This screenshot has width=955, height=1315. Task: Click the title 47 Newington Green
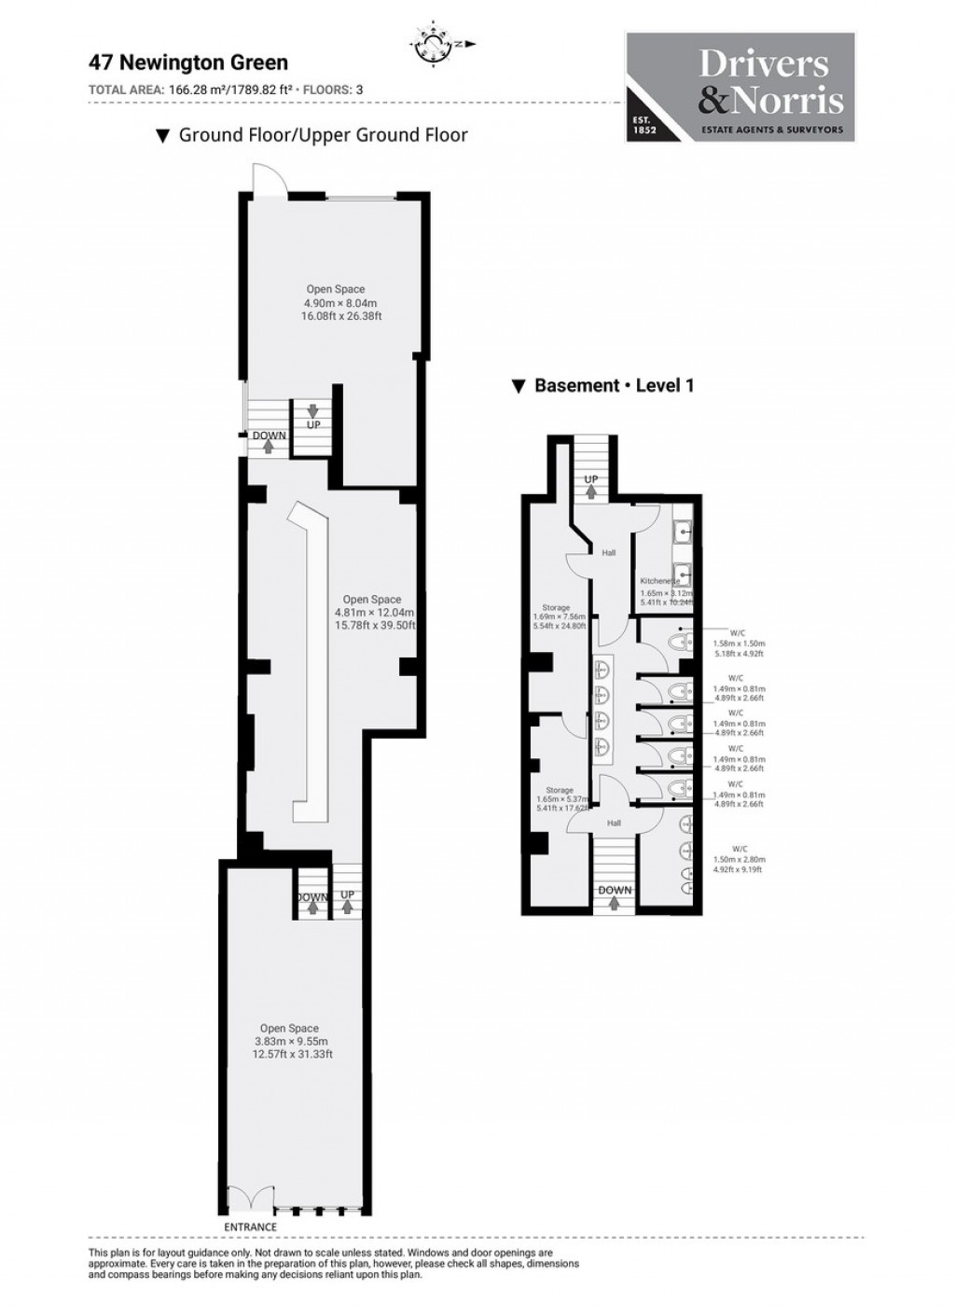[x=187, y=62]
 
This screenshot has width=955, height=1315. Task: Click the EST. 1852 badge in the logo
[x=644, y=124]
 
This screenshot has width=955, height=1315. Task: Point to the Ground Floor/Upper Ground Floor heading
[x=311, y=135]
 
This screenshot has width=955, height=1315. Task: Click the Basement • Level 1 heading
[x=602, y=385]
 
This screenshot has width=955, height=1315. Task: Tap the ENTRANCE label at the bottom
[x=250, y=1227]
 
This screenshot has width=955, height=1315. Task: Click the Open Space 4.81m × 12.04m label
[x=372, y=613]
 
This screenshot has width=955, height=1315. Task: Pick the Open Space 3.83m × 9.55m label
[x=293, y=1042]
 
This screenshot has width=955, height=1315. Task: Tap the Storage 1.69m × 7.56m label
[x=557, y=617]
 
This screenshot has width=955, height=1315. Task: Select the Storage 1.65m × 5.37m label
[x=560, y=799]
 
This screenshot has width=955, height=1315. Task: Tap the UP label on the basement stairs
[x=590, y=479]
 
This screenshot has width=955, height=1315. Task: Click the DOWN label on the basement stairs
[x=615, y=890]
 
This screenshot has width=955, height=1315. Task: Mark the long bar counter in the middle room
[x=309, y=662]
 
